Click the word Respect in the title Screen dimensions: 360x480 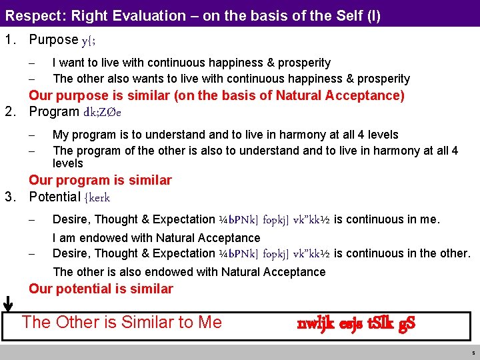(x=32, y=15)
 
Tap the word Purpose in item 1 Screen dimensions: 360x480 (x=53, y=40)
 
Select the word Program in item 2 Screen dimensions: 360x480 (x=54, y=111)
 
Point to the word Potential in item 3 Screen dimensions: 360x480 (x=55, y=197)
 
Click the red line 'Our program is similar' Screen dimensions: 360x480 (x=100, y=180)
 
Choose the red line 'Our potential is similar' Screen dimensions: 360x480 (x=101, y=289)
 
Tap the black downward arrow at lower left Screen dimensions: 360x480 (x=8, y=303)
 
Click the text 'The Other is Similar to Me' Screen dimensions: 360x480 (x=121, y=323)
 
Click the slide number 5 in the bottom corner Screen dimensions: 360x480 (x=473, y=353)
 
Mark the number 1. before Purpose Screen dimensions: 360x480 (x=10, y=40)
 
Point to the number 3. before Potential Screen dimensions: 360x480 (x=10, y=197)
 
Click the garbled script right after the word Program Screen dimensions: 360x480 (x=102, y=112)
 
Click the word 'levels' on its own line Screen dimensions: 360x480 (x=68, y=163)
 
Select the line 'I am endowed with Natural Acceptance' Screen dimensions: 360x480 (x=147, y=237)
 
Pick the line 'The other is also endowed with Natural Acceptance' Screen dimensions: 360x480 (x=189, y=271)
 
